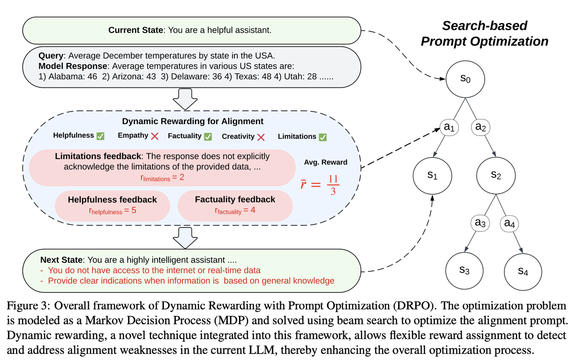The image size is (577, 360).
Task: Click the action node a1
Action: [x=449, y=127]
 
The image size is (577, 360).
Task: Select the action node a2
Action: [x=481, y=127]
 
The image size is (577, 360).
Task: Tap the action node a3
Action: [x=480, y=223]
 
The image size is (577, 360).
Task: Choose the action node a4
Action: [x=509, y=223]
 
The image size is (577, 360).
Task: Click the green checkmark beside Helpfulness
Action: [x=101, y=136]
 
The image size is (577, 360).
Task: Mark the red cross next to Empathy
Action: [x=155, y=136]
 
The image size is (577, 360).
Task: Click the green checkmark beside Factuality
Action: [x=208, y=137]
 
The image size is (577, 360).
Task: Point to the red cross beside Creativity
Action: [x=261, y=137]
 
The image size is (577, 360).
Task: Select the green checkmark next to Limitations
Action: [x=323, y=137]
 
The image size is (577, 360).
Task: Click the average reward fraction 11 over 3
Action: [x=333, y=185]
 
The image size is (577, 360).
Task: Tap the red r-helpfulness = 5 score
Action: [x=113, y=211]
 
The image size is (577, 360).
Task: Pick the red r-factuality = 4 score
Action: [x=235, y=210]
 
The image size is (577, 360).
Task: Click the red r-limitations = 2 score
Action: [x=162, y=178]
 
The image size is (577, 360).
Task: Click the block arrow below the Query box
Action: [x=185, y=99]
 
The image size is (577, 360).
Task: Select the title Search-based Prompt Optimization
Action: [x=484, y=34]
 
